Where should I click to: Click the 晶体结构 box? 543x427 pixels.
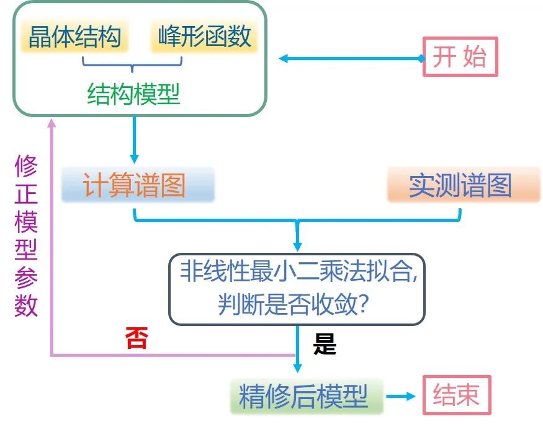74,37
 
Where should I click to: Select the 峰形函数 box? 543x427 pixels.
204,37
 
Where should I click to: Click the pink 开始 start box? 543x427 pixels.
460,57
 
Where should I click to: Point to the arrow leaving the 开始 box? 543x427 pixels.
351,59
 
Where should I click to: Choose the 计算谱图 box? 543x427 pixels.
137,184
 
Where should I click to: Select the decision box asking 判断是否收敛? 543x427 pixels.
297,289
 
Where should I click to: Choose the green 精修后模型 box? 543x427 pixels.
305,395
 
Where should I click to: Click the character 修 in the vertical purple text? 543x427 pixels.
26,167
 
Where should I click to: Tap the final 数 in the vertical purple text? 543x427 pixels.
26,305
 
